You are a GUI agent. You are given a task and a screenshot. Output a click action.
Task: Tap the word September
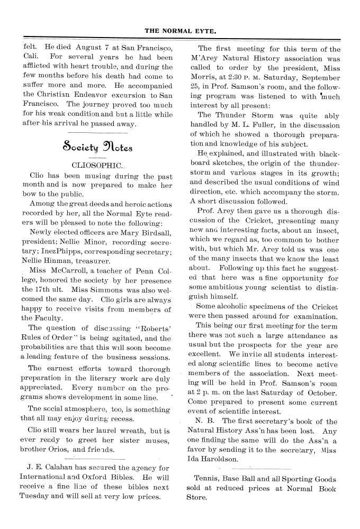point(321,79)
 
